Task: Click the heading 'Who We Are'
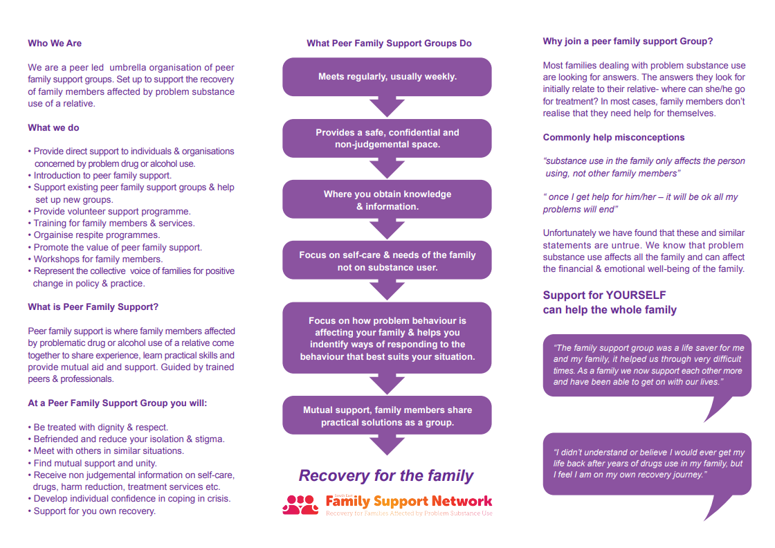[55, 43]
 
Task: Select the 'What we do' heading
[53, 127]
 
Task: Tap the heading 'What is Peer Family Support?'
[93, 307]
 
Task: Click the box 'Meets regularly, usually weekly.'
[387, 77]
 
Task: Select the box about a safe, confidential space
[387, 138]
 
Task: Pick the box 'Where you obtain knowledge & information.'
[387, 200]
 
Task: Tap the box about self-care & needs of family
[387, 261]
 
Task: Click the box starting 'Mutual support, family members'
[387, 416]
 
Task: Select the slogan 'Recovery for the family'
[386, 475]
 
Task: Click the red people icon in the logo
[300, 504]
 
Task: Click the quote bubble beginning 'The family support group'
[647, 365]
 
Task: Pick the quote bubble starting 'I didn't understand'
[647, 464]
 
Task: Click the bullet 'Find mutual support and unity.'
[95, 463]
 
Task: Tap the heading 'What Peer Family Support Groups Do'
[389, 43]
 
